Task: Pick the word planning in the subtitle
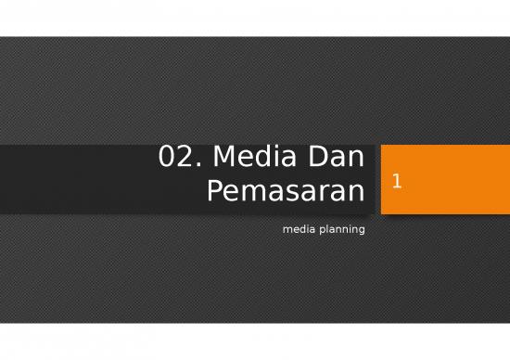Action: tap(340, 228)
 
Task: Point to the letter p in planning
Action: tap(318, 229)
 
